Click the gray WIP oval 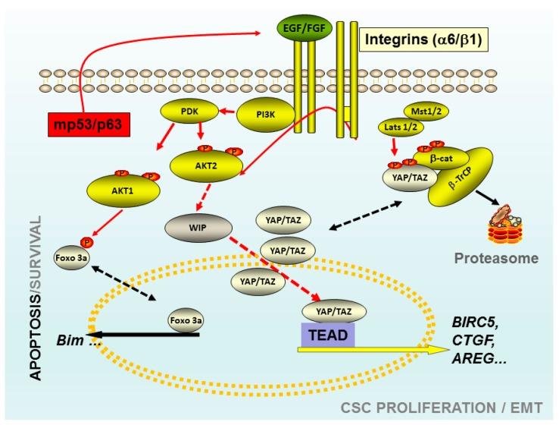tap(192, 227)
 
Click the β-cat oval tap(433, 158)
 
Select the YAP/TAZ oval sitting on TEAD tap(333, 310)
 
